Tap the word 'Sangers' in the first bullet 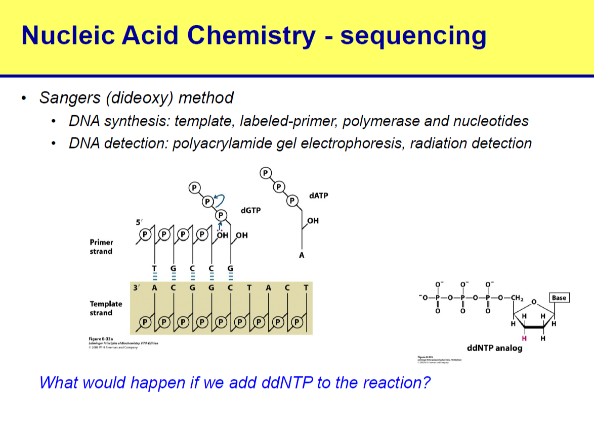click(70, 97)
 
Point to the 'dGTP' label click(250, 210)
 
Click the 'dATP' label click(318, 195)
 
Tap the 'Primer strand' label click(101, 247)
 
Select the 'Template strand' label click(106, 308)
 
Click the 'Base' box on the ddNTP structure click(559, 298)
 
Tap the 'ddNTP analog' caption click(494, 348)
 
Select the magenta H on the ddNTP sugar click(525, 338)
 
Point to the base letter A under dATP click(302, 256)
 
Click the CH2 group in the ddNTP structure click(519, 298)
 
